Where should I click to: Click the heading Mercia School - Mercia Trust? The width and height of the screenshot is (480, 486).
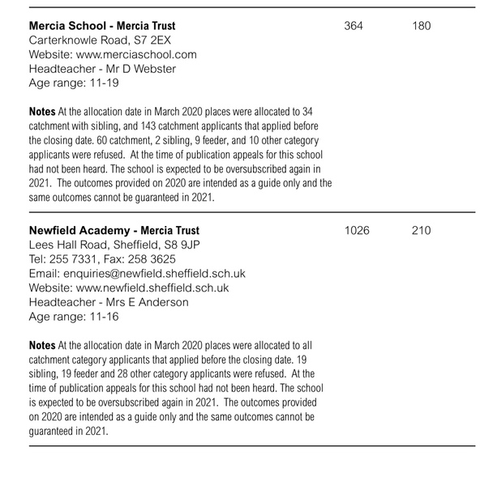pos(103,25)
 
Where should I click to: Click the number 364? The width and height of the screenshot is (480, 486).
pos(354,26)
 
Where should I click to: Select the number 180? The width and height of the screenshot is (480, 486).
pos(422,26)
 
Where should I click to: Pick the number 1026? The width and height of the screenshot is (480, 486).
pos(357,231)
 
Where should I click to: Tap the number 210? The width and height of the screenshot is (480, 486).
pos(422,231)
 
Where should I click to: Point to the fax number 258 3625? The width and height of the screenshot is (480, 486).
pos(153,259)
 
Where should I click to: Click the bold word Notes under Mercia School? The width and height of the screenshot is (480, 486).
pos(42,110)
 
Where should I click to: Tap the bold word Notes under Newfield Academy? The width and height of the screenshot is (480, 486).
pos(42,345)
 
